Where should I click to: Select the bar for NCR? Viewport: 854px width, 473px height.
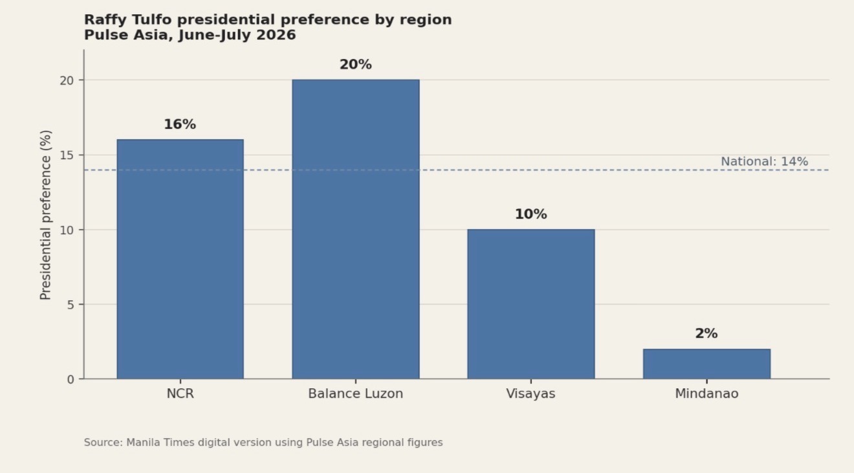point(180,259)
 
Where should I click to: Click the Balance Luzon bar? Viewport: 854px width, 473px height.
point(356,229)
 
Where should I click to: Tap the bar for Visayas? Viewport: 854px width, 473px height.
point(531,304)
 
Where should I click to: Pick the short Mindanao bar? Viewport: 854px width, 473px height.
point(707,364)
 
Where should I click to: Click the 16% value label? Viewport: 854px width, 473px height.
point(180,124)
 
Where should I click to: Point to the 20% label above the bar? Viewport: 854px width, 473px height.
point(356,65)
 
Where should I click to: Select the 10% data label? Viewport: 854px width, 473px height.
point(531,214)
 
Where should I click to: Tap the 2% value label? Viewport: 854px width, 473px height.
point(706,334)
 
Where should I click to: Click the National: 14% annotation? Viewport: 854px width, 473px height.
point(765,161)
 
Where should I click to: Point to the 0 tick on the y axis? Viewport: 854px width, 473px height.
point(71,380)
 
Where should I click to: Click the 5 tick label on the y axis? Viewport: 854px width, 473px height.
point(71,305)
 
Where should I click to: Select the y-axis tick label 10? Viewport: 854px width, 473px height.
point(67,230)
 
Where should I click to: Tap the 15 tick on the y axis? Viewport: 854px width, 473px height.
point(67,156)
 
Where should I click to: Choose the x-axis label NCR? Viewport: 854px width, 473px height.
point(181,393)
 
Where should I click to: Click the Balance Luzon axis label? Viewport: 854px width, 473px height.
point(356,393)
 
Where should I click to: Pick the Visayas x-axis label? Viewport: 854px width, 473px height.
point(531,394)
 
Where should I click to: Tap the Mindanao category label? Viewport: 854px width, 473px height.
point(707,393)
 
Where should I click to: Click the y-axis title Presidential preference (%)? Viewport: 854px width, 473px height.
point(46,215)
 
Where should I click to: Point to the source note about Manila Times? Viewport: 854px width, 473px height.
point(263,443)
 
